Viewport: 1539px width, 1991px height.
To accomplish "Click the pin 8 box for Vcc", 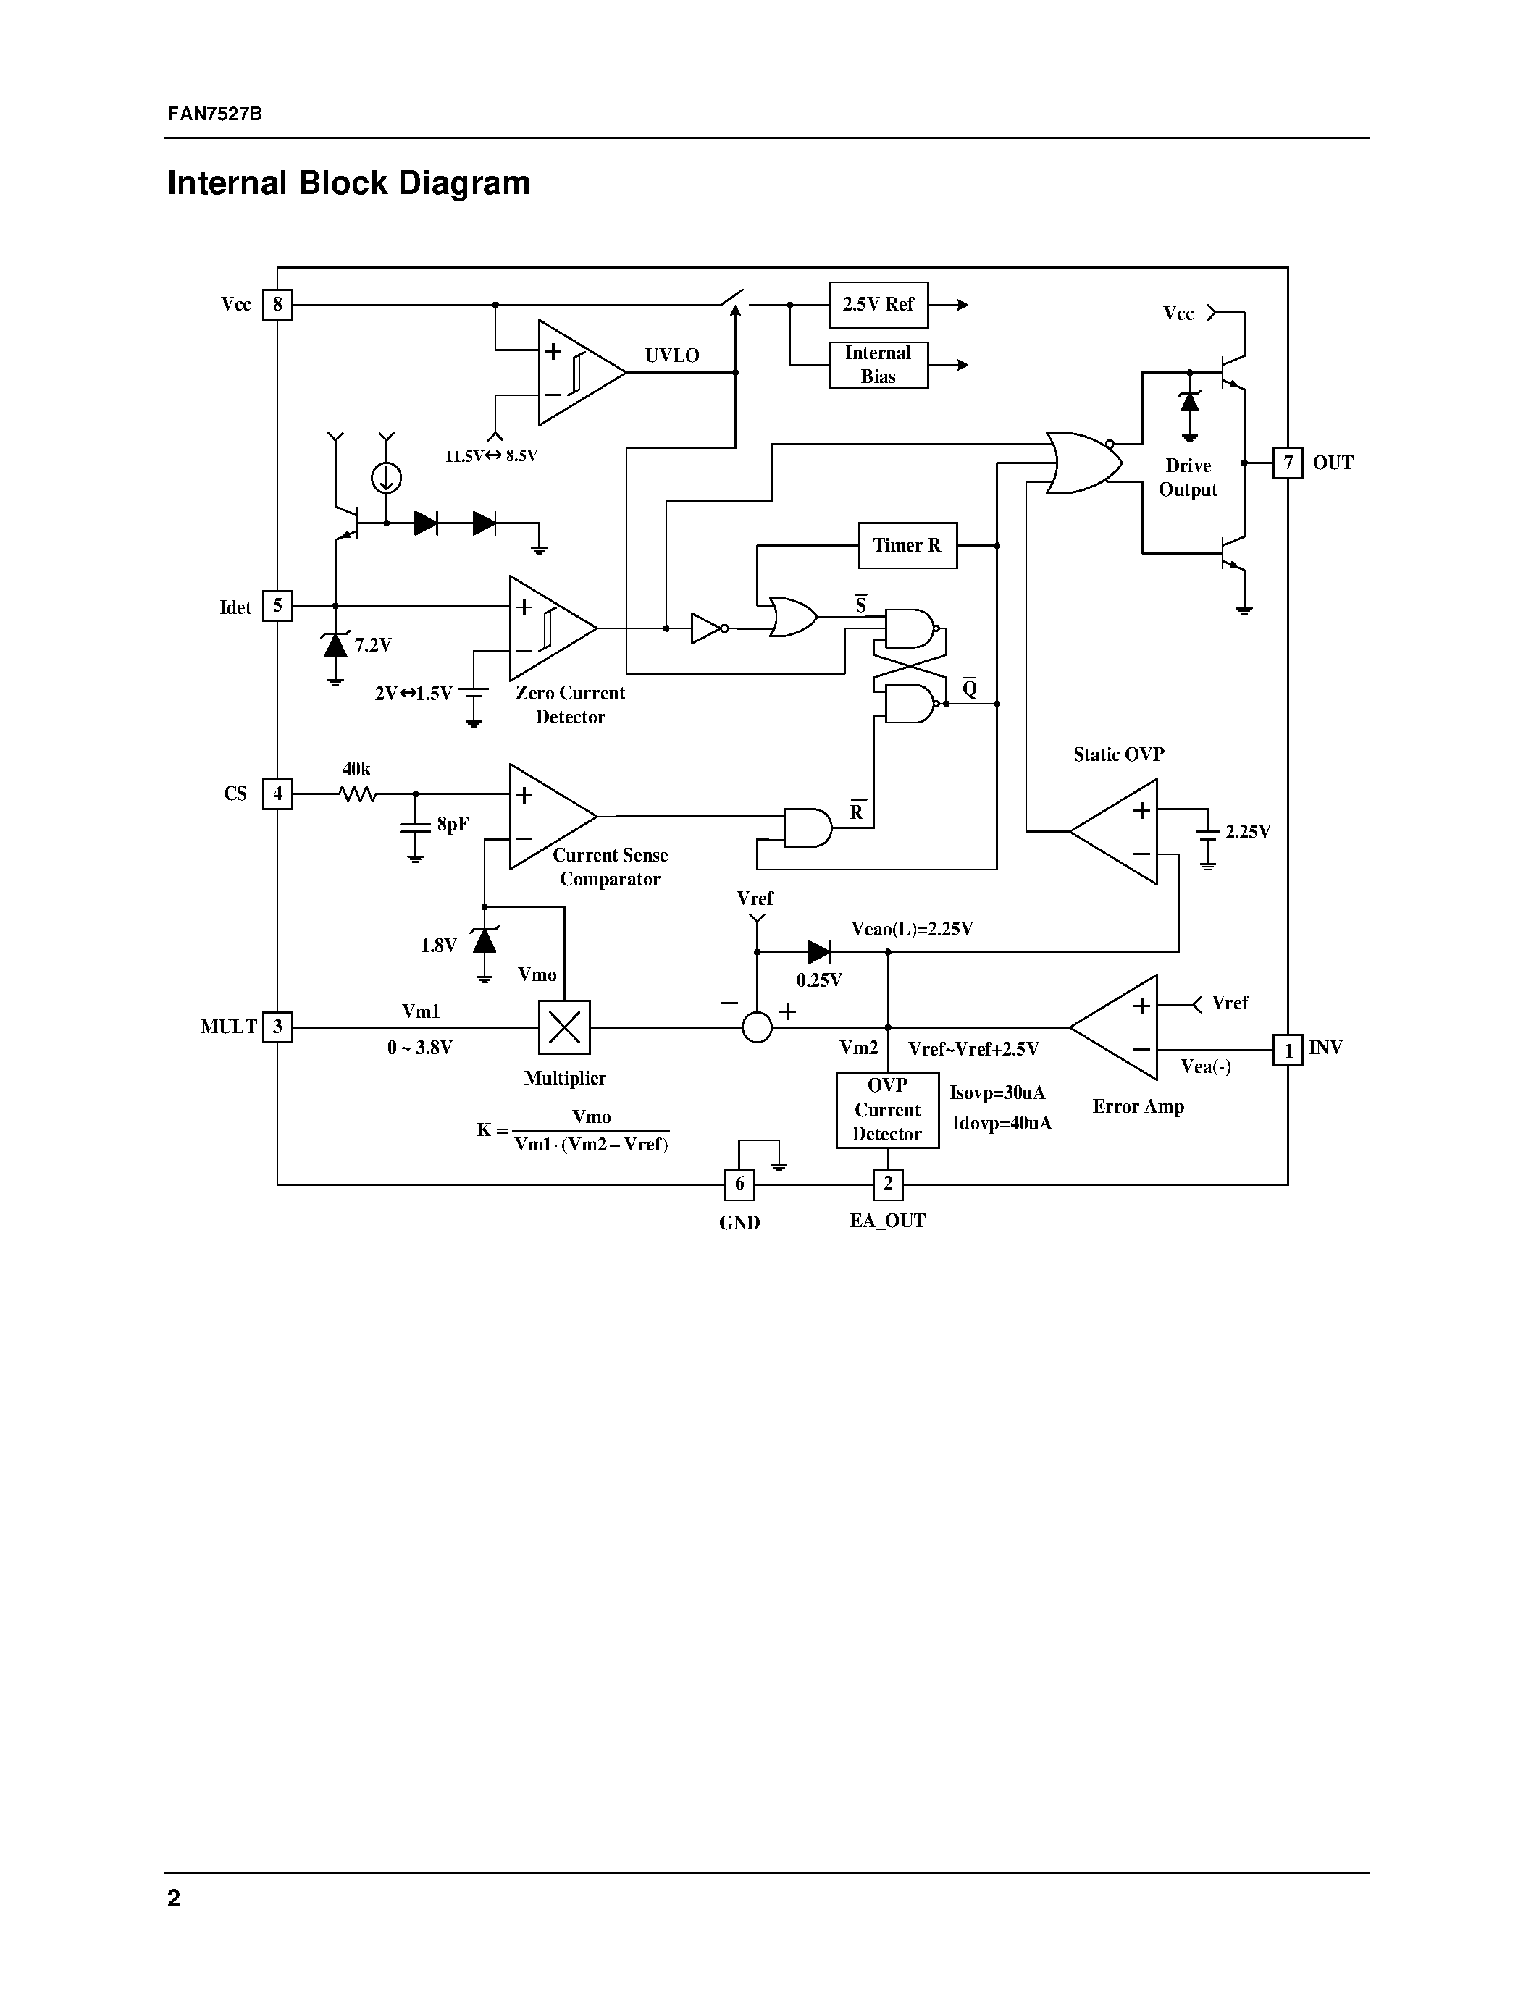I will point(277,305).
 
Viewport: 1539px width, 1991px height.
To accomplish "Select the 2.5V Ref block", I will point(878,305).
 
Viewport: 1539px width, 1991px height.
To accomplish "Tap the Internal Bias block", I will point(878,365).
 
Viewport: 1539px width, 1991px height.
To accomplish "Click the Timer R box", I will point(907,545).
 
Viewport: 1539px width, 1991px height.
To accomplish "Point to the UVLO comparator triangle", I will point(574,372).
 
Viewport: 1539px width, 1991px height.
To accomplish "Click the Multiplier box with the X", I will point(564,1027).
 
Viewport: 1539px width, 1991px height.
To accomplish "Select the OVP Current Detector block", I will point(887,1109).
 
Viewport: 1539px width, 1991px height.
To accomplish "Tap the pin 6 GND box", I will point(739,1184).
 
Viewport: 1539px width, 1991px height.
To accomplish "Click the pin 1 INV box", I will point(1288,1051).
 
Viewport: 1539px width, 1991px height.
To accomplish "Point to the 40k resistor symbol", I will point(357,794).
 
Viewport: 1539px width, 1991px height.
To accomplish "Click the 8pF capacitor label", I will point(452,824).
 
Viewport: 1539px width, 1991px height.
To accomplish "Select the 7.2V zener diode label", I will point(373,645).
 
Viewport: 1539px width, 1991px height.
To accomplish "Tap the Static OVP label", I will point(1117,754).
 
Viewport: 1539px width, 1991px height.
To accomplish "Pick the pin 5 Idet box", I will point(277,606).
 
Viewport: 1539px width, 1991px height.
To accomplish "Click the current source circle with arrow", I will point(387,478).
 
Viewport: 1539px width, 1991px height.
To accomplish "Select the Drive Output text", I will point(1187,478).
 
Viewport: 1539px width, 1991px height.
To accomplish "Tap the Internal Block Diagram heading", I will point(348,183).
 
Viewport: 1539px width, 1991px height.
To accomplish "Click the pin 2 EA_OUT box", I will point(887,1184).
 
